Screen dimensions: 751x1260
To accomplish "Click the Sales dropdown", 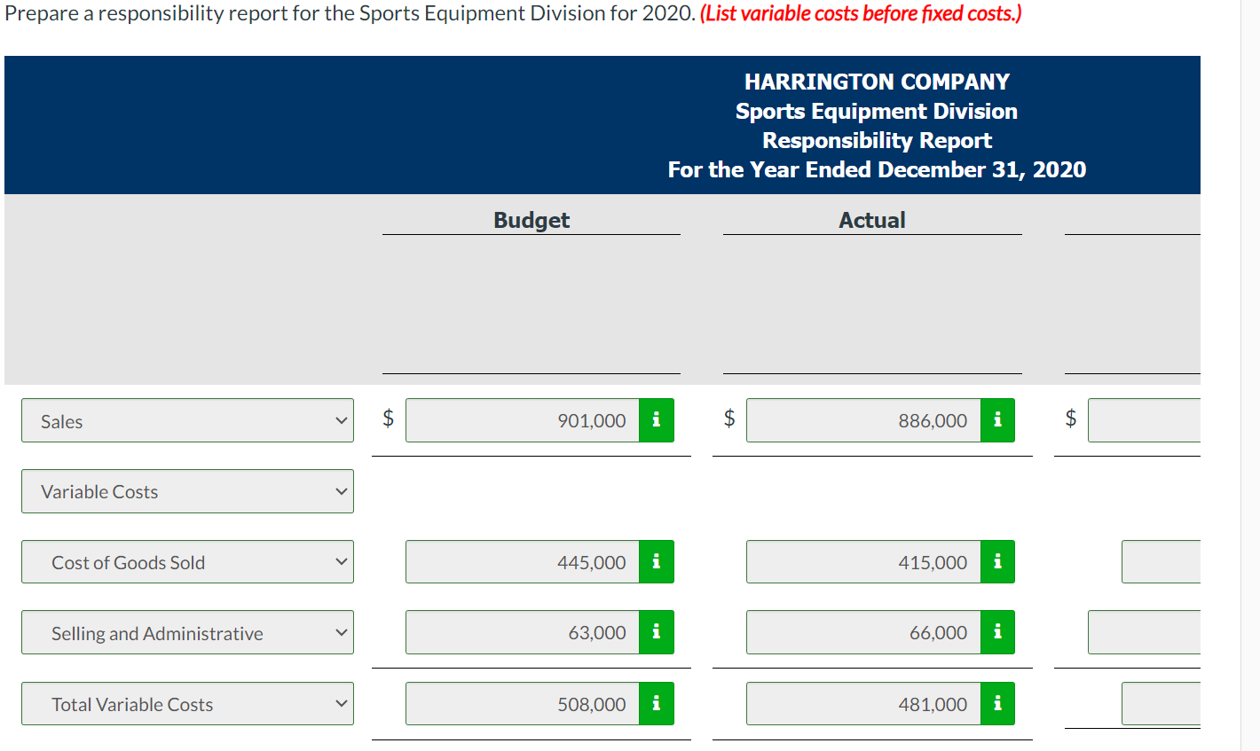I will click(x=187, y=421).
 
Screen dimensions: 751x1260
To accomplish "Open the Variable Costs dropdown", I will click(x=187, y=491).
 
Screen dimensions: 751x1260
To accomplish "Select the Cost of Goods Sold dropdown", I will click(x=187, y=562).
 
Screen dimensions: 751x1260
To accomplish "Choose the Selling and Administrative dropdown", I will click(x=187, y=633).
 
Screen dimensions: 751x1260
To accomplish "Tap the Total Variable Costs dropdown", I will click(x=187, y=704).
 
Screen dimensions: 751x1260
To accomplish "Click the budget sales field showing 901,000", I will click(x=523, y=420).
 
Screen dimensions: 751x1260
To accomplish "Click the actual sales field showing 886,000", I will click(x=863, y=420).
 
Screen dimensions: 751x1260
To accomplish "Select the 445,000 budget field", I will click(x=523, y=562).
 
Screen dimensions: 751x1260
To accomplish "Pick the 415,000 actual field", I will click(x=863, y=562).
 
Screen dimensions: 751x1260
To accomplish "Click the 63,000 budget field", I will click(x=523, y=632).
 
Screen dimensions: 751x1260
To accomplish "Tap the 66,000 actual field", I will click(x=863, y=632).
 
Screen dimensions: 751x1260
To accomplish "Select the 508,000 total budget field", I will click(x=523, y=704).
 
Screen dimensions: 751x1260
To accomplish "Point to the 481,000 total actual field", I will click(x=863, y=704).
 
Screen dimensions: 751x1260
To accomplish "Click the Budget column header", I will click(x=532, y=220).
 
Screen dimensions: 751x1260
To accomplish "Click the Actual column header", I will click(x=872, y=220).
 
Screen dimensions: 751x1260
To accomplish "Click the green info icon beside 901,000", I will click(x=656, y=420).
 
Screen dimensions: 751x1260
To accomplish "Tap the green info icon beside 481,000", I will click(x=997, y=704).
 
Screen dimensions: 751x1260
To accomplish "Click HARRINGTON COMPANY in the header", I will click(x=877, y=82).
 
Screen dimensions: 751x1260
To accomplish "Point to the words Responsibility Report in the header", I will click(x=877, y=140).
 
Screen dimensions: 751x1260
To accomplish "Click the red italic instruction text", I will click(x=861, y=14).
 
